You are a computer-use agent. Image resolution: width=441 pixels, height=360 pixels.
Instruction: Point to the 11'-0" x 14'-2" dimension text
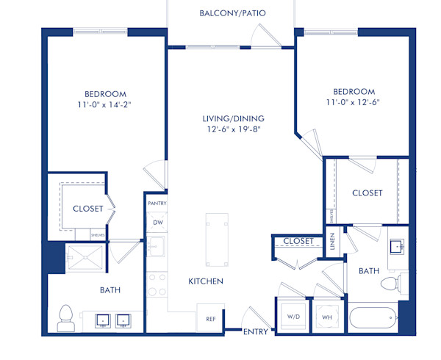coord(105,104)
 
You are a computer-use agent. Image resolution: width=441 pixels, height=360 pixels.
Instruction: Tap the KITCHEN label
coord(206,281)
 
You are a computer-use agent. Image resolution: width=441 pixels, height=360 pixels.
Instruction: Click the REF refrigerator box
coord(210,319)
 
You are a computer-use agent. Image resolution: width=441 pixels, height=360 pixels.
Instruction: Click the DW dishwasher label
coord(157,222)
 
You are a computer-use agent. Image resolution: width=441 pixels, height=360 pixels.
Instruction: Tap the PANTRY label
coord(157,203)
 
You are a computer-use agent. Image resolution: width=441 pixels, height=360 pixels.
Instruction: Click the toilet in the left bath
coord(66,316)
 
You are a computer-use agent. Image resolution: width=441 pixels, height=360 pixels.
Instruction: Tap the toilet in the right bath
coord(396,283)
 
